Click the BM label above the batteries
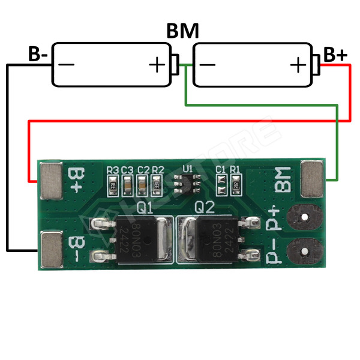[182, 31]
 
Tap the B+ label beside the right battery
[335, 55]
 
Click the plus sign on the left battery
[157, 64]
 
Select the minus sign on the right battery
[208, 64]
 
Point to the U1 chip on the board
[187, 182]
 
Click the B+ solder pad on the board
[52, 179]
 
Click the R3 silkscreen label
[112, 170]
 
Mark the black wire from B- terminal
[7, 156]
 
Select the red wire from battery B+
[180, 121]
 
